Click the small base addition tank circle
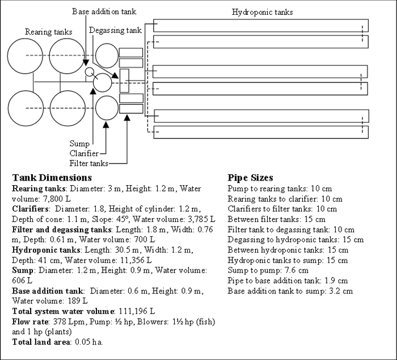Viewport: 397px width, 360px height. [88, 72]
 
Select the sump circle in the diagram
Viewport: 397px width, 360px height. [103, 82]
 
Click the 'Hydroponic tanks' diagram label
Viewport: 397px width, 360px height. [263, 12]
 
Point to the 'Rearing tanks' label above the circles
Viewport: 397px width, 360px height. [49, 32]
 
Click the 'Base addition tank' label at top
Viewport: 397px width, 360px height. [104, 11]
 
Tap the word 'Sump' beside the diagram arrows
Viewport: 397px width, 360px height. [79, 144]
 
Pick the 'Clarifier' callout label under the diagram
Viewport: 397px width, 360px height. [83, 153]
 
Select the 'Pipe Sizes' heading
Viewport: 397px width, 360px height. [250, 178]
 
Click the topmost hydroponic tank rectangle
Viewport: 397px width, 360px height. [261, 26]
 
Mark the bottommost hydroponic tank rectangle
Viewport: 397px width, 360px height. [261, 132]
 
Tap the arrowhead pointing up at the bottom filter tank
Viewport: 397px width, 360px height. [127, 117]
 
